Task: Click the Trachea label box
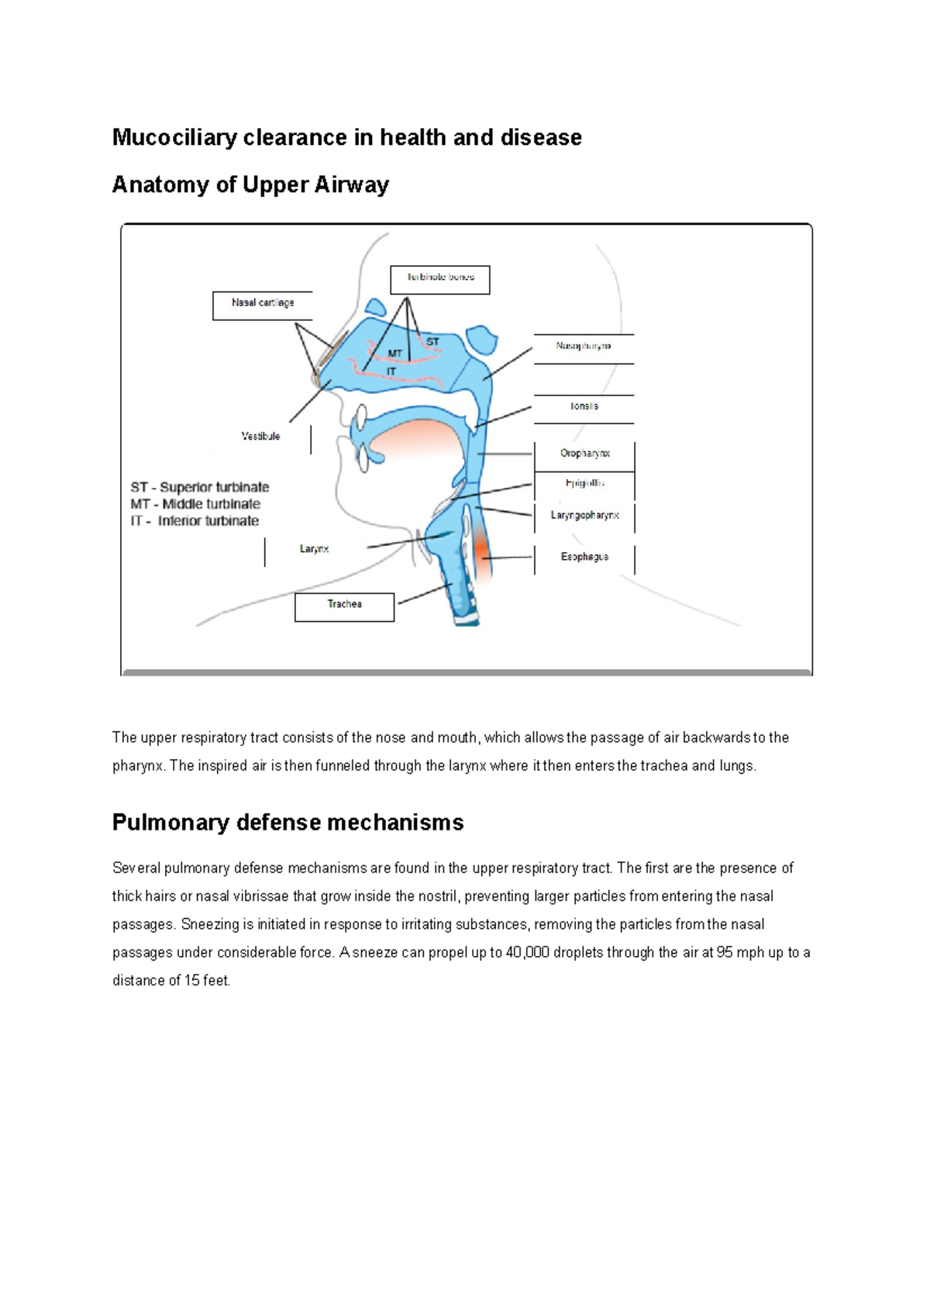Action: pos(344,606)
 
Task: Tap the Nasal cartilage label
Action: pos(263,304)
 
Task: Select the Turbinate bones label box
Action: pos(440,279)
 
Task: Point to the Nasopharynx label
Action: pos(584,347)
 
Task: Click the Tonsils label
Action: pos(584,406)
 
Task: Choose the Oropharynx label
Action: pos(585,454)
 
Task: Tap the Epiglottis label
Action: pos(584,484)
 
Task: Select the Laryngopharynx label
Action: pos(584,516)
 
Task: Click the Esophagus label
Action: pos(584,557)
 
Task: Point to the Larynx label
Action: pos(314,550)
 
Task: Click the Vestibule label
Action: pos(260,437)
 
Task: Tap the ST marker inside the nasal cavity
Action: pos(432,342)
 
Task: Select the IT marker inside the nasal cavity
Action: pos(391,372)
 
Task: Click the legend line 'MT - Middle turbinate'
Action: pos(195,505)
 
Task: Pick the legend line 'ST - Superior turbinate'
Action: pos(200,488)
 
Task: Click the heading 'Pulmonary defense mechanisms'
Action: pos(288,823)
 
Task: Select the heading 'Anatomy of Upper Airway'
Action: pos(250,185)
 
